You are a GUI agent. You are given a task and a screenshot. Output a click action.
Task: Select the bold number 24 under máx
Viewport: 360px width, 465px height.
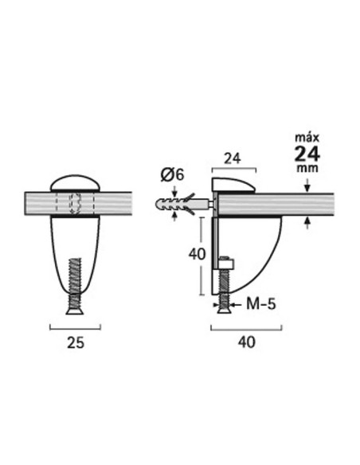(307, 154)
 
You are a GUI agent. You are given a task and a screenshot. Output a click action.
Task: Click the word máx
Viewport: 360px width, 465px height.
(307, 137)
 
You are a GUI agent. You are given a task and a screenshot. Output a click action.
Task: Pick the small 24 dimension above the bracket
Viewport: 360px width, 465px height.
(233, 158)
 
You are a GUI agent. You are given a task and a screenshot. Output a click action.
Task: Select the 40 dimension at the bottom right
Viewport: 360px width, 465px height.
(246, 343)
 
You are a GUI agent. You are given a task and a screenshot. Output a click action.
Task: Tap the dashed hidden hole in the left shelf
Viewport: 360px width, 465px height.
(76, 204)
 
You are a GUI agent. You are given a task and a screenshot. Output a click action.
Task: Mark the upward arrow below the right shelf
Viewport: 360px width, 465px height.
(307, 224)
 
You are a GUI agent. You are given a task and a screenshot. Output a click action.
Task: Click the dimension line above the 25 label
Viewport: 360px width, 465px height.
(76, 326)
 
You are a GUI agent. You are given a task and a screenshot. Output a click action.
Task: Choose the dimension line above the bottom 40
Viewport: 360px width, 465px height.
(246, 326)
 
